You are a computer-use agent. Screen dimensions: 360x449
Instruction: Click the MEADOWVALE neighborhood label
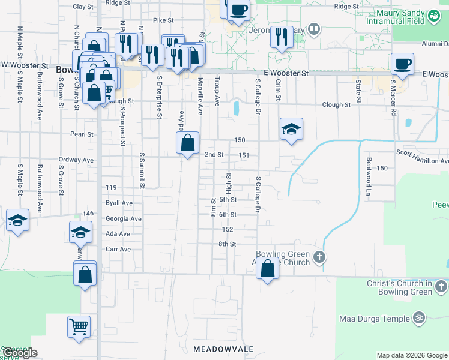click(x=223, y=349)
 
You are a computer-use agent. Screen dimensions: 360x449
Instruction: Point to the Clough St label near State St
click(x=336, y=104)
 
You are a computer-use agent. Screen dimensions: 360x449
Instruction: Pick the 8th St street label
click(x=228, y=244)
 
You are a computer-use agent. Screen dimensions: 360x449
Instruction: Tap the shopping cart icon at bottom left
click(x=79, y=327)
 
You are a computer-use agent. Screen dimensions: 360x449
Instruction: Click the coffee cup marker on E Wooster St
click(x=402, y=64)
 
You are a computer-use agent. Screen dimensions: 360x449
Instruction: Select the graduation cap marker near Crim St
click(x=291, y=129)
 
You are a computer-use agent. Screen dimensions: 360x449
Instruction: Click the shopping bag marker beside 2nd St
click(x=187, y=143)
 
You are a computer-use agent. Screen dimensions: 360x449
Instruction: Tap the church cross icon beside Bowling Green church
click(x=319, y=257)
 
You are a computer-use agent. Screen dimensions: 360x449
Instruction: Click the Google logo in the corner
click(x=20, y=353)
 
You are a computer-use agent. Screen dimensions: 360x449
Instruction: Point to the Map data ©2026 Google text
click(x=412, y=355)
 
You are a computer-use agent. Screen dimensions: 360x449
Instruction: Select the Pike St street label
click(x=163, y=20)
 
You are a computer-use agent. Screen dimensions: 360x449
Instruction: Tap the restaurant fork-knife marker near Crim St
click(x=280, y=37)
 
